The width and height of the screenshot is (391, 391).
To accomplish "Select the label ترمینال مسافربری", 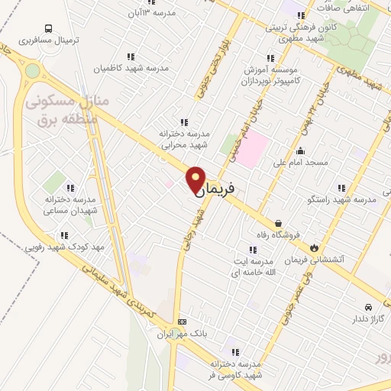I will pyautogui.click(x=45, y=38).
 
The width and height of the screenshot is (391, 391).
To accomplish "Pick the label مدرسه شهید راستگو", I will pyautogui.click(x=341, y=199).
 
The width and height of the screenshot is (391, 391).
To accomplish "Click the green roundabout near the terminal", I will pyautogui.click(x=31, y=71).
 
